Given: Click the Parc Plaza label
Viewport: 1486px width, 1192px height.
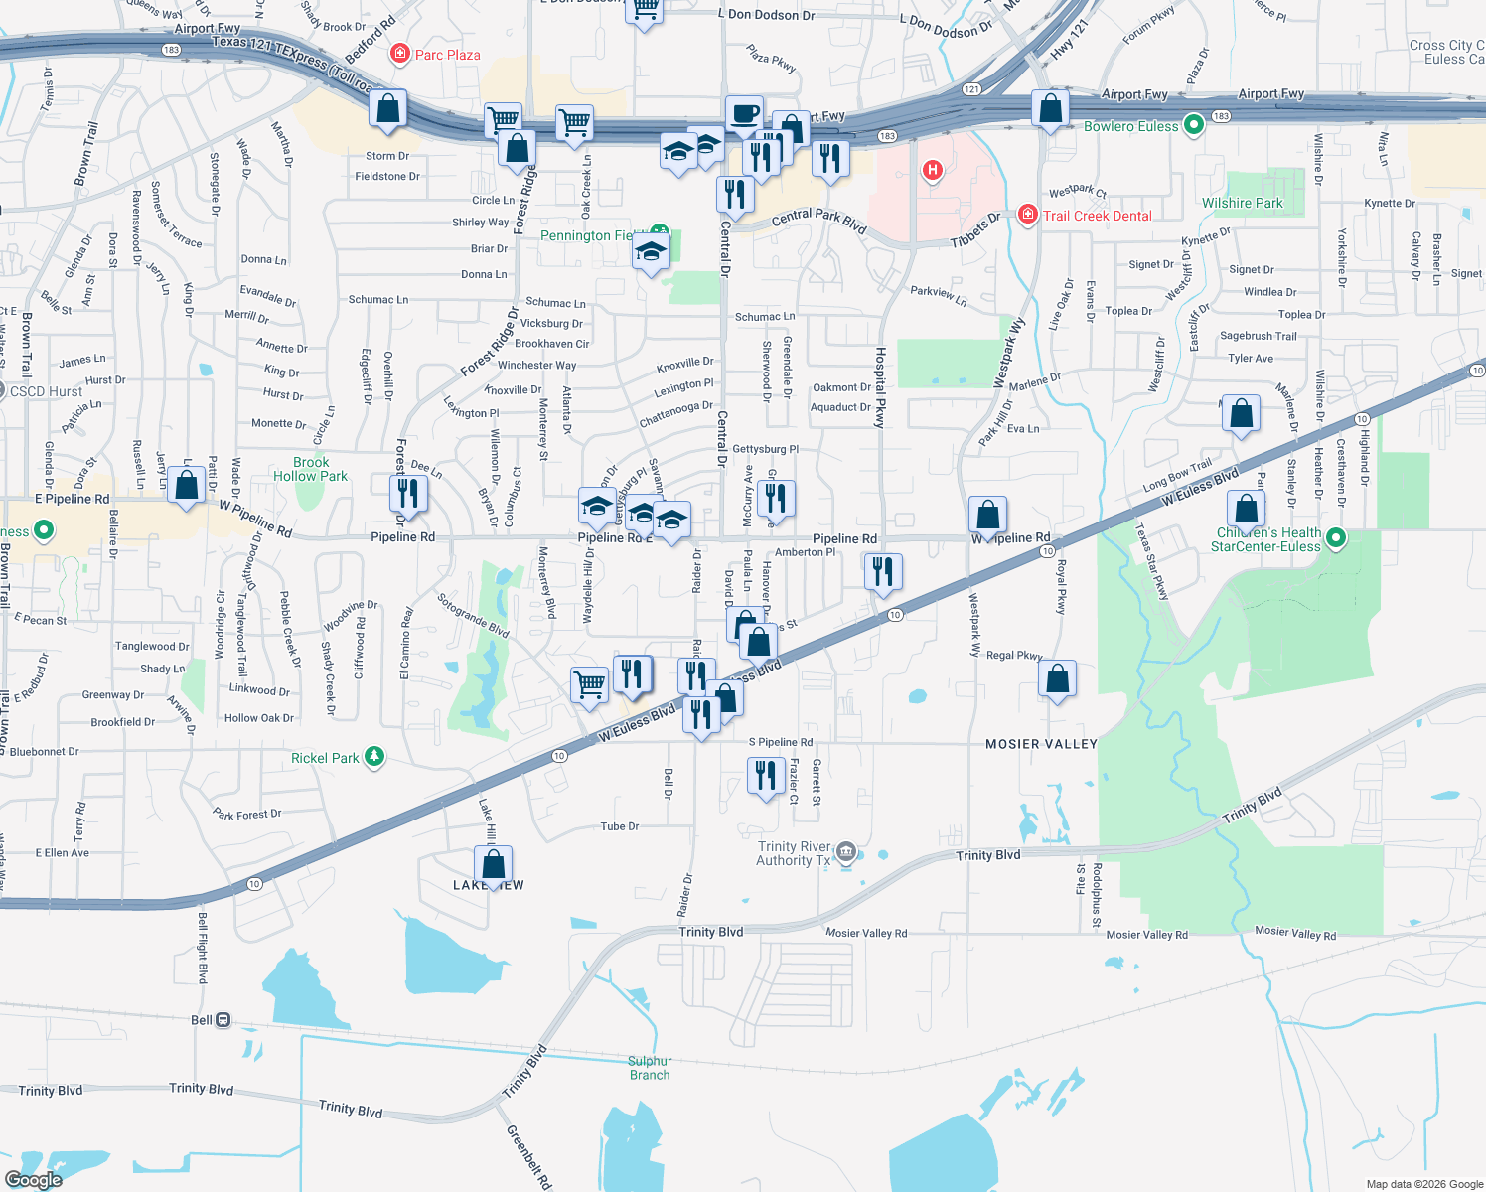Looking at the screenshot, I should click(x=447, y=55).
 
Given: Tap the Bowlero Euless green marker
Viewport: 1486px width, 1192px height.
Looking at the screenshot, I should click(x=1194, y=125).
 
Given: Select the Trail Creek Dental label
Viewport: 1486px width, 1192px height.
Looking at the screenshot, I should click(x=1097, y=216).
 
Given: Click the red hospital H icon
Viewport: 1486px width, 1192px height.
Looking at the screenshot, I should click(x=932, y=171).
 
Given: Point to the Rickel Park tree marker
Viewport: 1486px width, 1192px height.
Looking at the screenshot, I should click(x=373, y=757).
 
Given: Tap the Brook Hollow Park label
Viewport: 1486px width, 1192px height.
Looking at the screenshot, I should click(x=311, y=469).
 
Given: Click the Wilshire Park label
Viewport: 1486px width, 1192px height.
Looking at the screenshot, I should click(x=1242, y=203).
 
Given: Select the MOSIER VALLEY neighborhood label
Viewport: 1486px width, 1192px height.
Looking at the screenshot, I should click(x=1041, y=744).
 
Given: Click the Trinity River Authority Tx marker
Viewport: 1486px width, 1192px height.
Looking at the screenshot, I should click(x=846, y=850).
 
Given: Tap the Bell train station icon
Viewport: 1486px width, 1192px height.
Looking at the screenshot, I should click(x=223, y=1020).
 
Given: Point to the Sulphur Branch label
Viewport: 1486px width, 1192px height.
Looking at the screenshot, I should click(x=650, y=1068).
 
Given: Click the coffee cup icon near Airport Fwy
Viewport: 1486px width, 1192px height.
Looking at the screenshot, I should click(x=743, y=114).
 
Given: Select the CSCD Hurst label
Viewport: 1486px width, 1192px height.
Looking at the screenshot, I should click(x=46, y=391).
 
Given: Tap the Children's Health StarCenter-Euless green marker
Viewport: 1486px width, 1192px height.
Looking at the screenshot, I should click(x=1336, y=538).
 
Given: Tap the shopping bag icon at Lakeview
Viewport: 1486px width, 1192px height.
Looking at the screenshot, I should click(x=493, y=864).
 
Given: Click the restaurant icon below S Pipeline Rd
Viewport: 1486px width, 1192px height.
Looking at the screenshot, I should click(x=765, y=775).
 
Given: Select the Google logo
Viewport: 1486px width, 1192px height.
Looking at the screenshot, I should click(x=33, y=1180).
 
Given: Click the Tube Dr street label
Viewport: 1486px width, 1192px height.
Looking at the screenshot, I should click(x=619, y=826).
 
